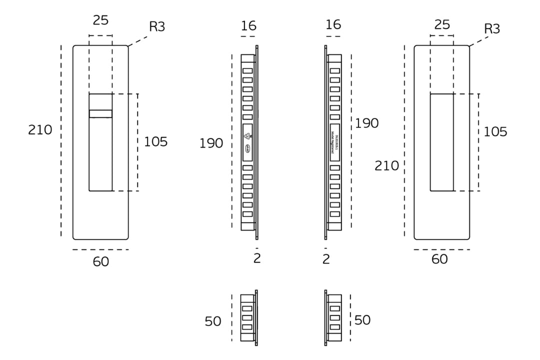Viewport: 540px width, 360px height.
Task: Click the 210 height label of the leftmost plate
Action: point(40,130)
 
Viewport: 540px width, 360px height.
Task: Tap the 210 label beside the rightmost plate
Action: point(387,165)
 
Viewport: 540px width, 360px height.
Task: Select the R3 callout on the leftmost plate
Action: point(157,26)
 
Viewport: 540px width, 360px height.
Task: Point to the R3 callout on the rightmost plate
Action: point(492,28)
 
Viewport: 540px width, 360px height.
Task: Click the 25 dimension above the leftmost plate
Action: point(101,20)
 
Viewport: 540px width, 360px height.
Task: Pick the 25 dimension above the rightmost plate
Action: point(442,24)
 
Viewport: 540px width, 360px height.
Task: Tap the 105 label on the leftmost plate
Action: point(156,142)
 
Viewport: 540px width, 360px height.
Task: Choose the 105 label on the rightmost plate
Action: point(495,132)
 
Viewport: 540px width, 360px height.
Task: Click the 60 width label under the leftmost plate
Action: point(101,261)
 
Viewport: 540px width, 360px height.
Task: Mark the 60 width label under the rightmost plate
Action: point(439,259)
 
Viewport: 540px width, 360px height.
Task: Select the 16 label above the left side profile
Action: point(248,26)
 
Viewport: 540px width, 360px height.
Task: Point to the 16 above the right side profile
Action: point(333,25)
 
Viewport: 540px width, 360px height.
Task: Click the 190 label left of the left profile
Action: point(211,143)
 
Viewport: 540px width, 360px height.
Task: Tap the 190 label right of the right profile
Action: point(367,123)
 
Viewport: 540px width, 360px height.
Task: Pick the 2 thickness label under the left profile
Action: point(257,258)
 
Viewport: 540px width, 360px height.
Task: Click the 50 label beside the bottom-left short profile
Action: point(213,321)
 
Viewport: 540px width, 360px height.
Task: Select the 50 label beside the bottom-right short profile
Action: point(362,320)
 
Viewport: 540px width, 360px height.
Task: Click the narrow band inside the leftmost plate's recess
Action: point(100,114)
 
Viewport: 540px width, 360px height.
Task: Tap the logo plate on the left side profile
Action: point(247,142)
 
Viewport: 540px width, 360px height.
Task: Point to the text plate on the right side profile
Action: point(334,142)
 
